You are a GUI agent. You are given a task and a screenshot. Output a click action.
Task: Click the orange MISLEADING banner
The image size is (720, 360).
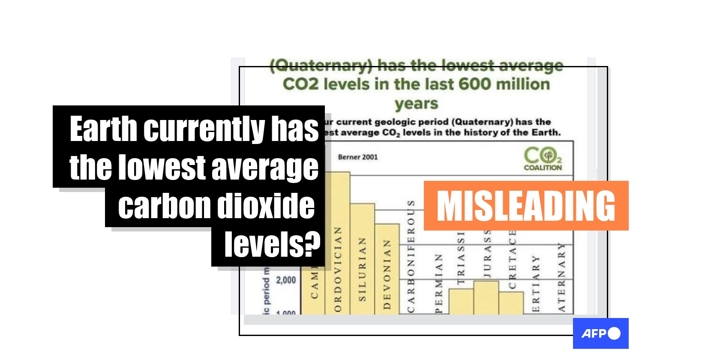tap(526, 206)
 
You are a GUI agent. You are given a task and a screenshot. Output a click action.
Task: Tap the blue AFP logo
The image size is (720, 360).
tap(600, 333)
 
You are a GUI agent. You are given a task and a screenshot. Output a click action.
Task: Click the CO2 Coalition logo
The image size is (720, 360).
tap(543, 159)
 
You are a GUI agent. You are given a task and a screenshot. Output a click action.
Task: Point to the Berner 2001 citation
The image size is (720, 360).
tap(358, 157)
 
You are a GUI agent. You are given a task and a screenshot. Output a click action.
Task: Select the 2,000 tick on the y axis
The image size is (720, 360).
tap(286, 280)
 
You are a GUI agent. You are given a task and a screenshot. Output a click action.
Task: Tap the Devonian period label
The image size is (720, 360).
tap(387, 274)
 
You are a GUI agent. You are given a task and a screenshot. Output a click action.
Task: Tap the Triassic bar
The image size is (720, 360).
tap(461, 302)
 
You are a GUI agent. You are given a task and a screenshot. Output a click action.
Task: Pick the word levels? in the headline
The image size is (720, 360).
tap(272, 245)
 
